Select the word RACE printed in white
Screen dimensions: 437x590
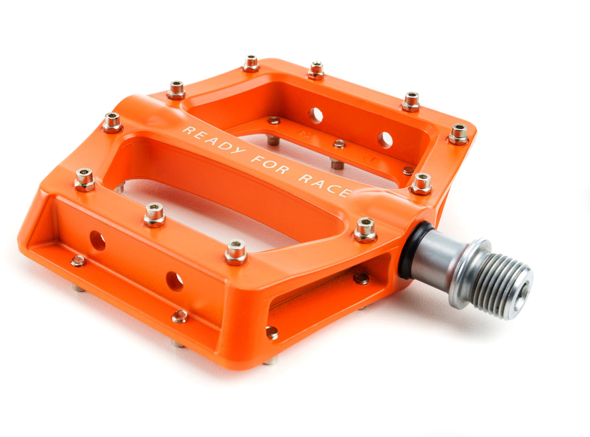point(325,185)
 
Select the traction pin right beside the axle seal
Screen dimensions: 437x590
point(365,230)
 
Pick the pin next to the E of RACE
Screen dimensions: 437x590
point(421,184)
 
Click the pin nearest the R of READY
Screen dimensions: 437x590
point(176,90)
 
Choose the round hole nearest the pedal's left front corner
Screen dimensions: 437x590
point(97,241)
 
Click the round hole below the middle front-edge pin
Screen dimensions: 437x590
point(175,282)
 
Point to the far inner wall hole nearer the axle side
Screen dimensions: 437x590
point(384,140)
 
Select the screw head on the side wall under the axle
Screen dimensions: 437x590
point(361,278)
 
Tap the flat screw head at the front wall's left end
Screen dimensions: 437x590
point(78,261)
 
